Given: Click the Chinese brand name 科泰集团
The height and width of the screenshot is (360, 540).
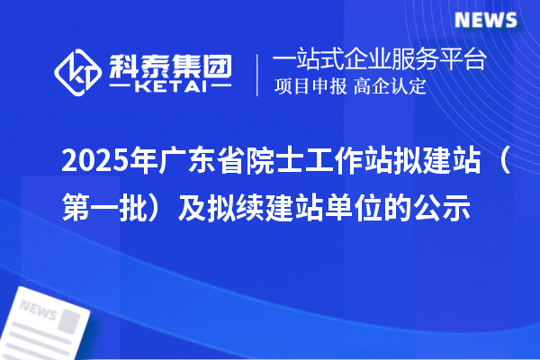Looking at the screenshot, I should pyautogui.click(x=170, y=64).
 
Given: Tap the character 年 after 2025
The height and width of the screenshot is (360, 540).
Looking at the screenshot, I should pyautogui.click(x=139, y=165).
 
